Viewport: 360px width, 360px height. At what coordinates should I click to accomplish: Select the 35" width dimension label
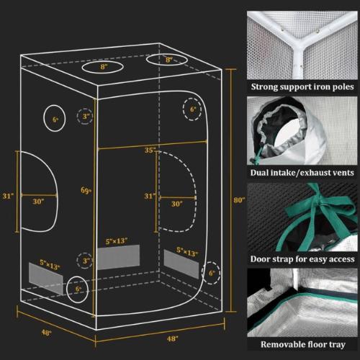pos(149,151)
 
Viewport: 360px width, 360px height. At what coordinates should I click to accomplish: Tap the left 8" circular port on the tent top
pos(104,67)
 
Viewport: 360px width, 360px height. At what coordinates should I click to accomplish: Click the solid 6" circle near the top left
pos(55,119)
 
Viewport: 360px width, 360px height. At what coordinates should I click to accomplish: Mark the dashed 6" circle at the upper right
pos(192,111)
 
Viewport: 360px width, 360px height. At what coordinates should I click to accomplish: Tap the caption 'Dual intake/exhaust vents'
pos(302,173)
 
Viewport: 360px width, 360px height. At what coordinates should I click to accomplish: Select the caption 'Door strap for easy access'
pos(302,258)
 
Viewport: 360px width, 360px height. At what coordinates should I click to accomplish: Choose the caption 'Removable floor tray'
pos(302,344)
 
